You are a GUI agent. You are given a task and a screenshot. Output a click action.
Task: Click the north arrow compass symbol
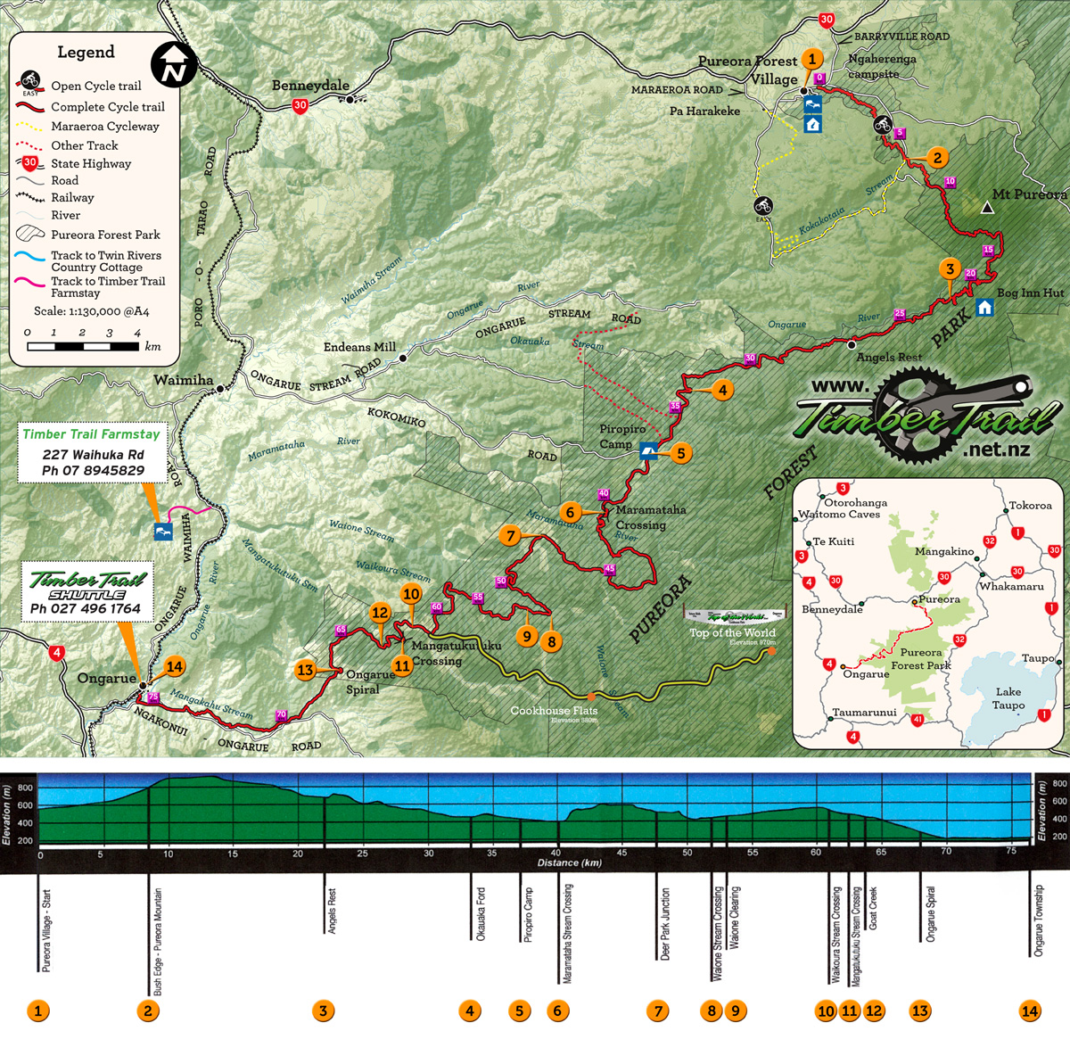(173, 64)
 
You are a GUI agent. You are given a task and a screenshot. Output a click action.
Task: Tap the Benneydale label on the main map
(310, 86)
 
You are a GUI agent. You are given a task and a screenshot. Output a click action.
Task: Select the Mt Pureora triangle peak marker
(987, 208)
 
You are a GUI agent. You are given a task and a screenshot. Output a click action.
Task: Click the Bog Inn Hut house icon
(984, 308)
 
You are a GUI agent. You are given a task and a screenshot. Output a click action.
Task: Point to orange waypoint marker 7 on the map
(511, 535)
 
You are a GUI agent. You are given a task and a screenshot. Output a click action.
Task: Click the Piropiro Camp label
(621, 436)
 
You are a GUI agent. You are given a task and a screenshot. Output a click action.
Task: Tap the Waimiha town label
(183, 380)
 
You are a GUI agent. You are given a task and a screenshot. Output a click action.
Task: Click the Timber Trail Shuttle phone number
(86, 609)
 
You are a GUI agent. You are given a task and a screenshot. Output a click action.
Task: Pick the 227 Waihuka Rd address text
(93, 454)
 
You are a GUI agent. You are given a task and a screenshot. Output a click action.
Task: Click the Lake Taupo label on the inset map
(1008, 698)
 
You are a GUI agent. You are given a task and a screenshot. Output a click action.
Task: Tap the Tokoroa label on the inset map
(1030, 506)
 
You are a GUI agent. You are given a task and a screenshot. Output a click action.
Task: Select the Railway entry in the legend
(72, 198)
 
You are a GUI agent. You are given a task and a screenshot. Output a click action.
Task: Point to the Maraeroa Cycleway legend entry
(104, 127)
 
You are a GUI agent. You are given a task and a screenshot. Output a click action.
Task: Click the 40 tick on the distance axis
(556, 854)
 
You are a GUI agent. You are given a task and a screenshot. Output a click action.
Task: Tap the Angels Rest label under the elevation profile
(332, 910)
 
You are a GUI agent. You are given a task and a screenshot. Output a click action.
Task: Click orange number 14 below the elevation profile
(1030, 1011)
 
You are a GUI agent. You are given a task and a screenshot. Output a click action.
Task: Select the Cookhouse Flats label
(554, 711)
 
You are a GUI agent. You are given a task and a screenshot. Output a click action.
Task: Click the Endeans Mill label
(359, 347)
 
